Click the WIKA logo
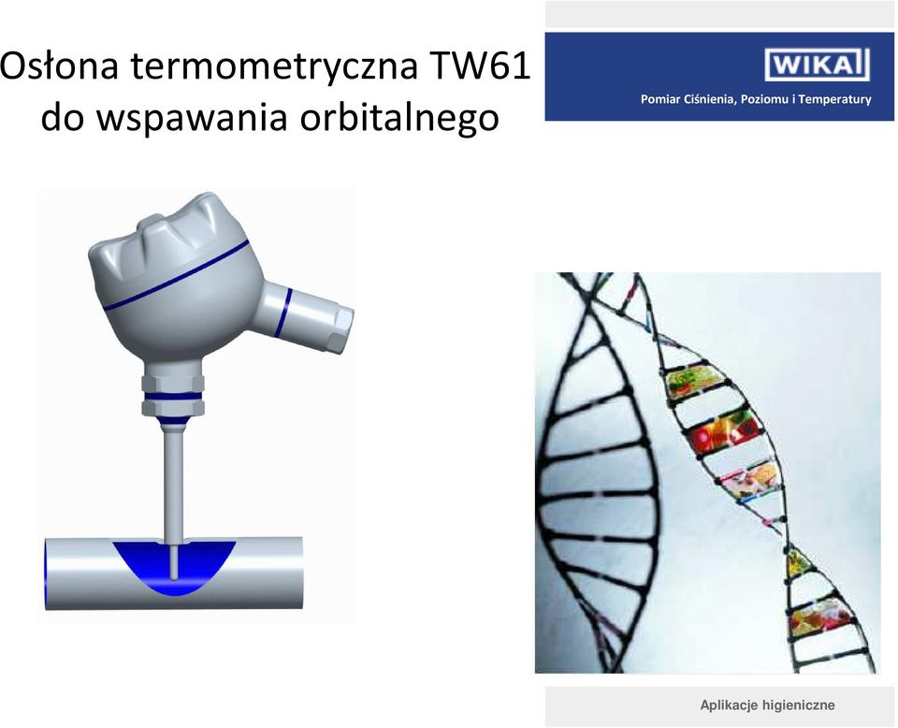[817, 65]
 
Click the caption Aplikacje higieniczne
[767, 705]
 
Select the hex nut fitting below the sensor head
[173, 394]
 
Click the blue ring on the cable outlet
[282, 313]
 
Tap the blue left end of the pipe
[47, 574]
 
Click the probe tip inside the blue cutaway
[174, 564]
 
